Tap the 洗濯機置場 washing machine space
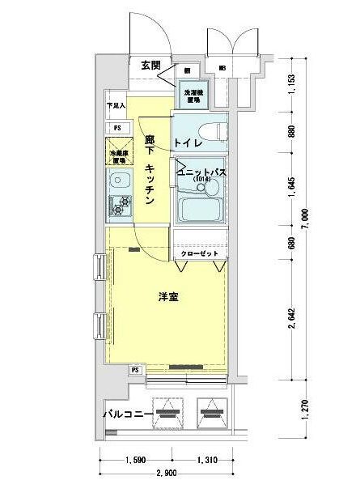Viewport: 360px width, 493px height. [191, 96]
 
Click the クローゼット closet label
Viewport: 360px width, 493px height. [198, 253]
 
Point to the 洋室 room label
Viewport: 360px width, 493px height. [167, 297]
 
